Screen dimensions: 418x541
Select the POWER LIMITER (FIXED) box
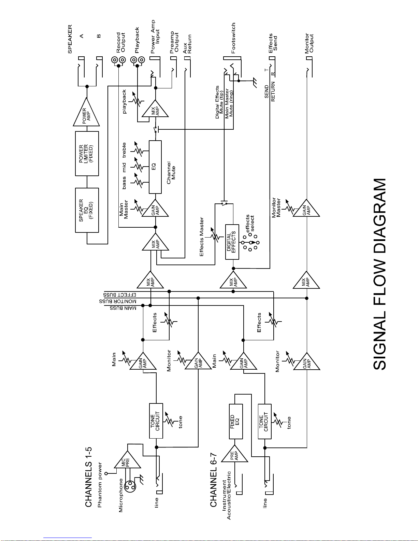[87, 154]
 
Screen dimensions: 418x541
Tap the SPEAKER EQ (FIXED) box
[87, 210]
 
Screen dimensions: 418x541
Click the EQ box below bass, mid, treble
[155, 167]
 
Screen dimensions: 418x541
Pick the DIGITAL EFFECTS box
[232, 242]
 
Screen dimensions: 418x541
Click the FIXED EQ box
[236, 422]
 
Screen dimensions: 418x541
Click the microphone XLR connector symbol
[130, 486]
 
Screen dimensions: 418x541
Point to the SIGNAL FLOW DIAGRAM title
[380, 274]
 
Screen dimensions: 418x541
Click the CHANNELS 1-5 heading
[89, 477]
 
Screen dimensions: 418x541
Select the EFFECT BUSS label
[120, 295]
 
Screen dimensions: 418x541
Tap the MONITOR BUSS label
[118, 301]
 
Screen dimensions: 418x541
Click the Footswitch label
[233, 38]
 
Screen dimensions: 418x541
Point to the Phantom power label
[100, 485]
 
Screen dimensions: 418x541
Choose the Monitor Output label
[309, 43]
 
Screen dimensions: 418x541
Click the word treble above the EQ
[124, 150]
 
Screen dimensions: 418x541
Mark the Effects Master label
[202, 237]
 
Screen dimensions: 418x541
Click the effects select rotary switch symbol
[251, 242]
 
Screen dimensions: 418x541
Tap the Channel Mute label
[171, 173]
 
